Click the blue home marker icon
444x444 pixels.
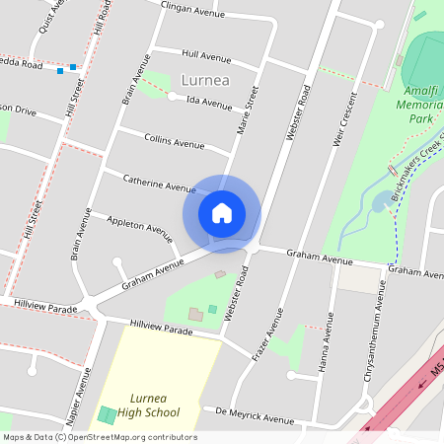[x=222, y=212]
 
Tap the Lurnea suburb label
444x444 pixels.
[x=206, y=80]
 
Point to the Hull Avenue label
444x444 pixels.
[x=206, y=55]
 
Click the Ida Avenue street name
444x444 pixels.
[x=208, y=104]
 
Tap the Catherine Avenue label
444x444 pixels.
[x=159, y=183]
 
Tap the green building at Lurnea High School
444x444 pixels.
[x=107, y=415]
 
